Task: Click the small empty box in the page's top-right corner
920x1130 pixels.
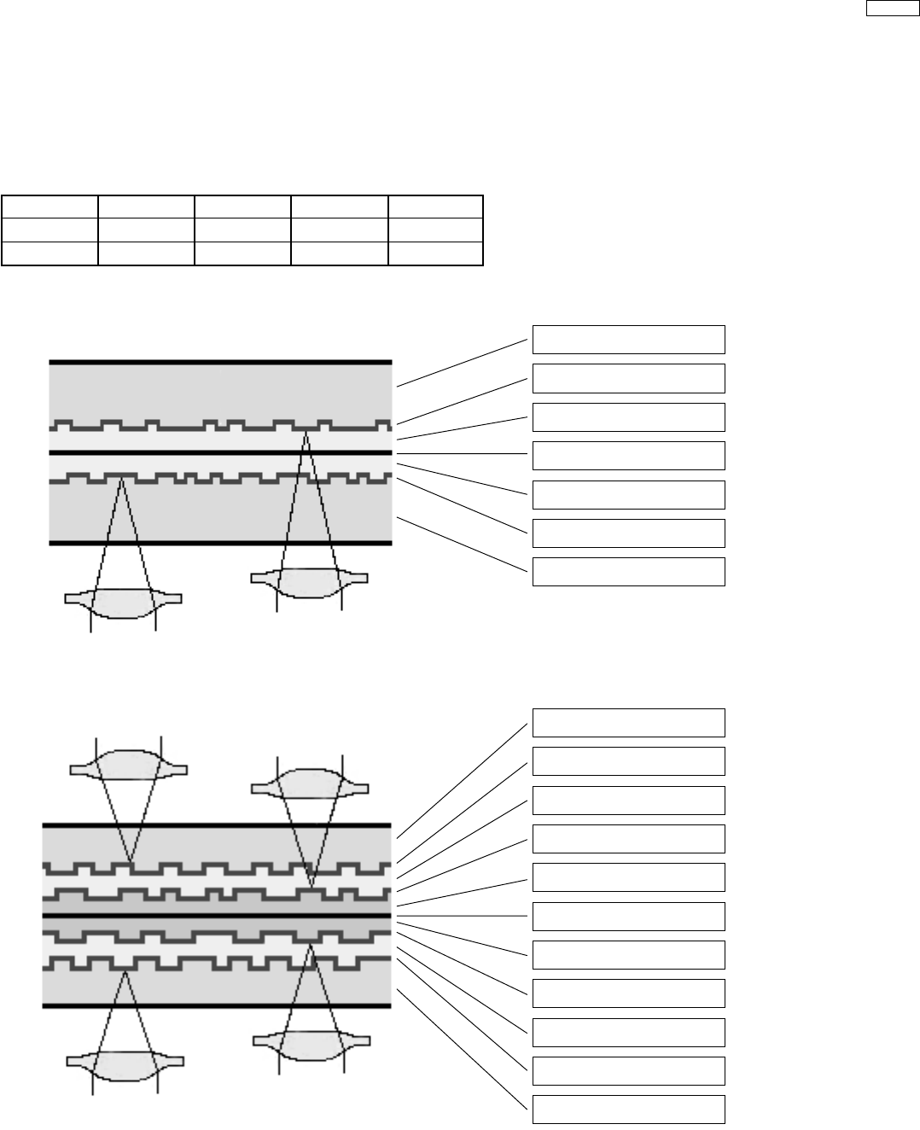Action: click(x=888, y=9)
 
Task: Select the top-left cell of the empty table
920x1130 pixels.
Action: click(x=49, y=207)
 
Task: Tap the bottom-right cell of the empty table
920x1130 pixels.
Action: click(x=435, y=253)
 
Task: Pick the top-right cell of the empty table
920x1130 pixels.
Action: click(x=435, y=207)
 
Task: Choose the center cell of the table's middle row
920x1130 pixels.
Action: click(x=242, y=230)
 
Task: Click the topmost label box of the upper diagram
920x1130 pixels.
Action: click(x=629, y=339)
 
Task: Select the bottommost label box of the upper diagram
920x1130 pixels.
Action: click(x=629, y=572)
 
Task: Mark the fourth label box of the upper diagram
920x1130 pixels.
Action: click(x=629, y=456)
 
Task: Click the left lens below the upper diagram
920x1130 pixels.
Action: click(x=124, y=603)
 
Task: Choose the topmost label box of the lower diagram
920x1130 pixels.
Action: click(x=629, y=722)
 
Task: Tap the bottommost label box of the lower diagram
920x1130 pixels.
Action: click(x=629, y=1110)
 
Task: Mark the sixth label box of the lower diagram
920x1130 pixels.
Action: click(x=629, y=916)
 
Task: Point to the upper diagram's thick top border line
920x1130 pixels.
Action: click(x=220, y=362)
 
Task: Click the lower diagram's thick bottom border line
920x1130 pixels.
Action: click(x=217, y=1005)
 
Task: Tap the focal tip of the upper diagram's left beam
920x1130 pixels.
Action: click(x=121, y=480)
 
